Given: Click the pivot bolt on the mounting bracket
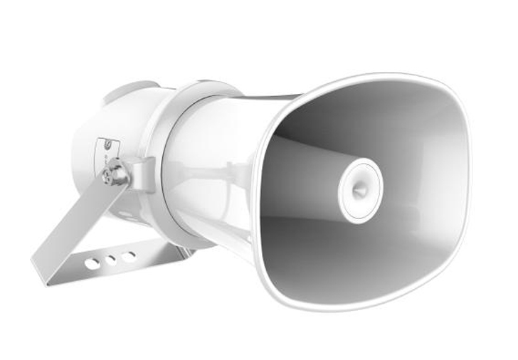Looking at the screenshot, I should (115, 174).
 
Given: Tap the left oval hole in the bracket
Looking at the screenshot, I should (92, 263).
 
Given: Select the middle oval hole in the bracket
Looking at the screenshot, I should (110, 260).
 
